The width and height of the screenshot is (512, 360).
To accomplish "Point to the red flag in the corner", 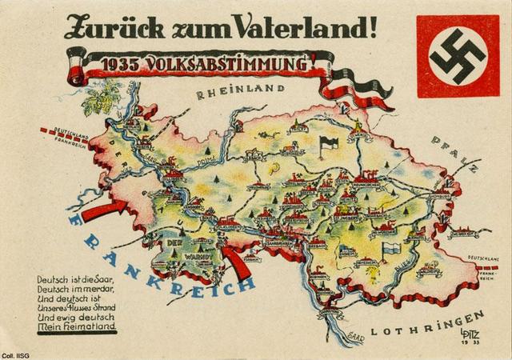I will (457, 55).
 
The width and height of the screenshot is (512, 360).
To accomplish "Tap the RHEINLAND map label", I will (228, 94).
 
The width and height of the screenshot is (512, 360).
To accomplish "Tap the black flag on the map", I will (326, 144).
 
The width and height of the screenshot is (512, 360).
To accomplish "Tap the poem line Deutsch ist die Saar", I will (77, 279).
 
